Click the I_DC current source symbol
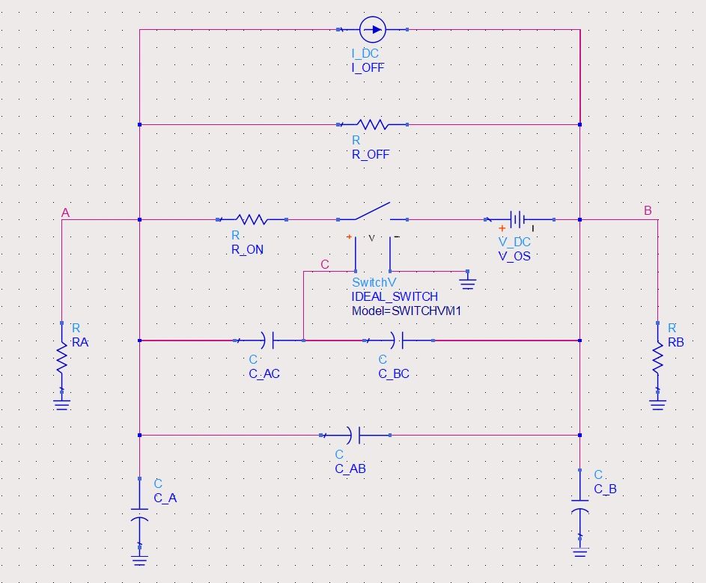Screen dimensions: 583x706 coord(372,30)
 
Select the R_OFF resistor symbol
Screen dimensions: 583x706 coord(373,124)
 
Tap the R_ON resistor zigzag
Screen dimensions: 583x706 coord(252,219)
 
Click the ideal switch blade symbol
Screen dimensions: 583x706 coord(372,212)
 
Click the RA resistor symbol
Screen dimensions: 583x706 coord(61,359)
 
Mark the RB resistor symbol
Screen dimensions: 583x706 coord(657,359)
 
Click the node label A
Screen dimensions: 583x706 coord(65,213)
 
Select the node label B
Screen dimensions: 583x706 coord(648,211)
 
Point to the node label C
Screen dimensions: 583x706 coord(324,264)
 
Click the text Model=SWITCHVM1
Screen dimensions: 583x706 coord(407,310)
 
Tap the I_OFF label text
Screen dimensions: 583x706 coord(368,67)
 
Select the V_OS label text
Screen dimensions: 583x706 coord(514,255)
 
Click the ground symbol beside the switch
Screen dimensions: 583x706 coord(468,282)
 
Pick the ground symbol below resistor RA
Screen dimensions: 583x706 coord(61,403)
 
